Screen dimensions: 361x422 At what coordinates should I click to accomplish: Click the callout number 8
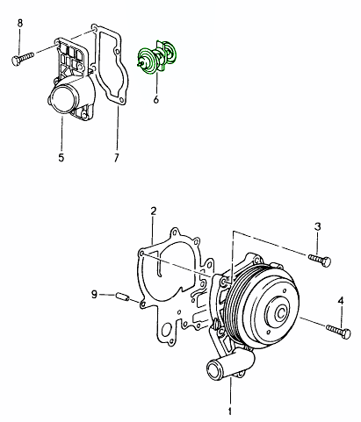tap(20, 23)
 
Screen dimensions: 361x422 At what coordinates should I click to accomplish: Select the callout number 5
tap(61, 158)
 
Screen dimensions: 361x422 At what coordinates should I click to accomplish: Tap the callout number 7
tap(117, 158)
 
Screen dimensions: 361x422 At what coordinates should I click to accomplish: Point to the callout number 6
tap(156, 99)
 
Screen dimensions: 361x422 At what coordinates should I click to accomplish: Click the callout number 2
tap(154, 211)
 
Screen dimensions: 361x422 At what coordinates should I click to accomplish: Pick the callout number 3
tap(318, 226)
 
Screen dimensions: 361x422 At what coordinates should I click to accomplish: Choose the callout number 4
tap(341, 301)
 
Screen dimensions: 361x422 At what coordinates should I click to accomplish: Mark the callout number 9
tap(94, 294)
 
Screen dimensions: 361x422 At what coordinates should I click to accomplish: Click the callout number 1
tap(230, 411)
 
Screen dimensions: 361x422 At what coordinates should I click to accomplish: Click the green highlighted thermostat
tap(157, 57)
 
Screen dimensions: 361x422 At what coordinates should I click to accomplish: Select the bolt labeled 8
tap(23, 58)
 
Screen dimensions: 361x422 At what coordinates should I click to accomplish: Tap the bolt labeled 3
tap(320, 260)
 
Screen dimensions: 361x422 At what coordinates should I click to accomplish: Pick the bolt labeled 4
tap(338, 332)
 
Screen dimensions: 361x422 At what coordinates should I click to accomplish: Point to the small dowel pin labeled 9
tap(122, 297)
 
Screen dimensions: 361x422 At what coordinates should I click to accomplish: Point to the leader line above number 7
tap(118, 128)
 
